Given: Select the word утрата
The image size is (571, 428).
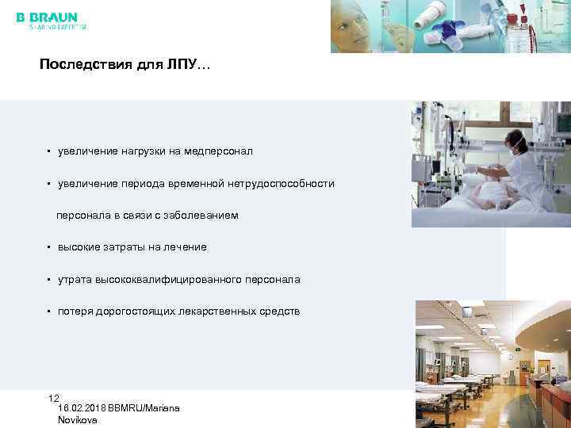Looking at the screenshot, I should point(75,280).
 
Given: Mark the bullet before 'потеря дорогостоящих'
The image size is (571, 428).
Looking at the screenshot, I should point(48,311).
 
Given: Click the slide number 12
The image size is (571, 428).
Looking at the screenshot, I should point(54,397).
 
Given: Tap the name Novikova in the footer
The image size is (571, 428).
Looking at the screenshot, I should point(77,420).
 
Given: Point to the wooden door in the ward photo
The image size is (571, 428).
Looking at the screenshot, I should point(544,369).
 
